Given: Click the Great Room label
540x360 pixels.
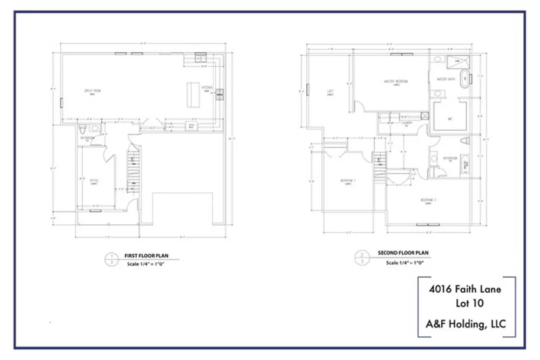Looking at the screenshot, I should tap(92, 91).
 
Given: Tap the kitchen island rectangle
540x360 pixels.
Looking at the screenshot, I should tap(193, 95).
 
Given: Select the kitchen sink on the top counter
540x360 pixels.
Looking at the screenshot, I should tap(200, 58).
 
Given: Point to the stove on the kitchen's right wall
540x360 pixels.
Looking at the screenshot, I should tap(219, 95).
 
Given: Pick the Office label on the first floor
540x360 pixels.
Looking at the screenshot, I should tap(94, 181).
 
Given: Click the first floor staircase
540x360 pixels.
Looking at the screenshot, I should tap(133, 172).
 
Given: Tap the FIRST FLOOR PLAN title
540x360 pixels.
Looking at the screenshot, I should tap(146, 256).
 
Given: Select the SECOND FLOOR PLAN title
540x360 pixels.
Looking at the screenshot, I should tap(403, 253).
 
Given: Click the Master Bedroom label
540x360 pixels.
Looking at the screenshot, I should tap(396, 82).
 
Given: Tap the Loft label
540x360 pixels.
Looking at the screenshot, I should tap(330, 92).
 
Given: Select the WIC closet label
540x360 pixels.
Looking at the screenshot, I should tap(450, 119).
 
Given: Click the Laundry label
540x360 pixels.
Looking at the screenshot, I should tap(407, 123).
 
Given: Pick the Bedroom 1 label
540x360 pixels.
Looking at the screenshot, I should tap(348, 181).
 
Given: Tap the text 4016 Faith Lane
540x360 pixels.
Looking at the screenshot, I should tap(465, 289).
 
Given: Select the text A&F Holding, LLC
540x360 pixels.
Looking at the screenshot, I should tap(466, 324).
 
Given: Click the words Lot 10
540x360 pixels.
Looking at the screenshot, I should tap(469, 303).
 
